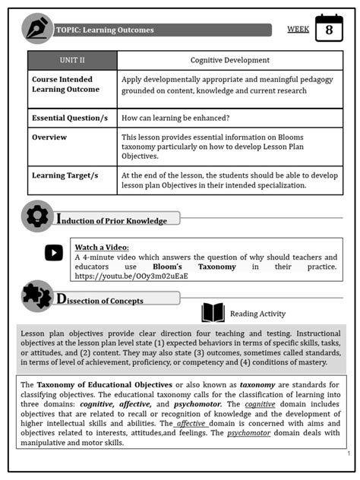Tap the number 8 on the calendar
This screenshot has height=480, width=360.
click(x=329, y=30)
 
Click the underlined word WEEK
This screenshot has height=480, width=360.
click(x=298, y=30)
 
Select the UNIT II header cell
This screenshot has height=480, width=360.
click(x=73, y=60)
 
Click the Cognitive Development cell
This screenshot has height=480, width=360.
click(x=229, y=60)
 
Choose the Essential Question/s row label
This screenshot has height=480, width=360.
click(x=69, y=118)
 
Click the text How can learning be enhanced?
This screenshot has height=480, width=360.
click(x=175, y=118)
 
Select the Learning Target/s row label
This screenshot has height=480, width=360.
click(x=65, y=175)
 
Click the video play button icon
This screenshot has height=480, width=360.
click(x=54, y=254)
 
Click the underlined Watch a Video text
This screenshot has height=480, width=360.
click(x=102, y=247)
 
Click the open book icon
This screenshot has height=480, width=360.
click(x=213, y=313)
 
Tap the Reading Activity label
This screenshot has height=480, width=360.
click(x=257, y=314)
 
